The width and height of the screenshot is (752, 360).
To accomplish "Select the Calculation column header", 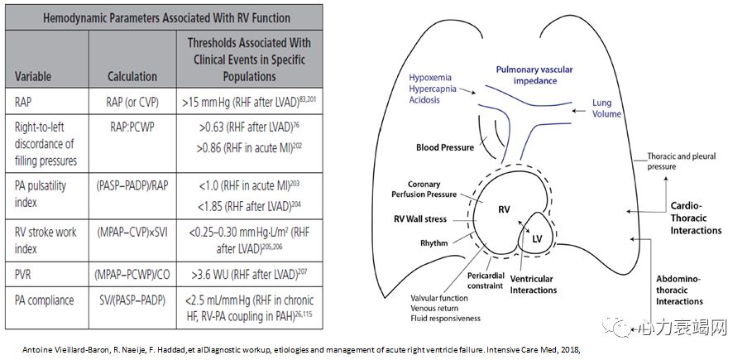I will (x=132, y=76).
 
